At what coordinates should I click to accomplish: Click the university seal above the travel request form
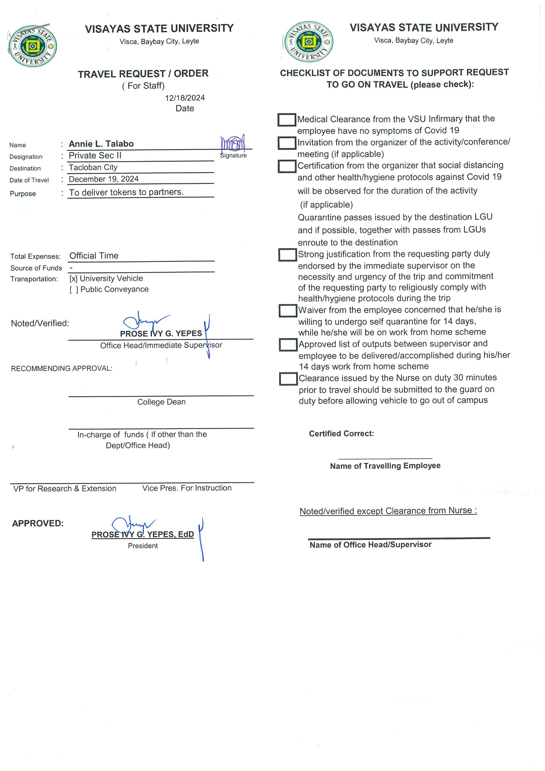pos(33,46)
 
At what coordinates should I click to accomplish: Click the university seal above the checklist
pos(309,42)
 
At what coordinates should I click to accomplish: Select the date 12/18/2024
pos(185,98)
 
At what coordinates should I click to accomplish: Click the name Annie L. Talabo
pos(101,144)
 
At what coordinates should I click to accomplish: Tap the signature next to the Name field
pos(233,143)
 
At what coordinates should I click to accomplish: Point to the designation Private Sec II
pos(95,156)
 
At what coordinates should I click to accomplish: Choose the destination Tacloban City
pos(93,167)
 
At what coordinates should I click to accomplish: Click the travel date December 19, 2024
pos(104,179)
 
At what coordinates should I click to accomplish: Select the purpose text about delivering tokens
pos(126,192)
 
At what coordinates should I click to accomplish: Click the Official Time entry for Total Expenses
pos(94,256)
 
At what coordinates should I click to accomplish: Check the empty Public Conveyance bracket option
pos(74,290)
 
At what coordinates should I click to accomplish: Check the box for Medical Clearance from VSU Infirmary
pos(287,120)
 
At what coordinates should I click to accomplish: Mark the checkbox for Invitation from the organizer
pos(287,143)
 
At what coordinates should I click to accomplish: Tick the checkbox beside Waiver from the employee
pos(288,311)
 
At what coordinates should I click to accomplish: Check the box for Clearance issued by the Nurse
pos(288,379)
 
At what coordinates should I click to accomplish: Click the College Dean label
pos(161,402)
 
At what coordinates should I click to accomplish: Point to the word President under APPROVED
pos(143,546)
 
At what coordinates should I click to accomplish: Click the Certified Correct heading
pos(341,434)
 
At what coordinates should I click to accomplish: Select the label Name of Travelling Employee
pos(385,466)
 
